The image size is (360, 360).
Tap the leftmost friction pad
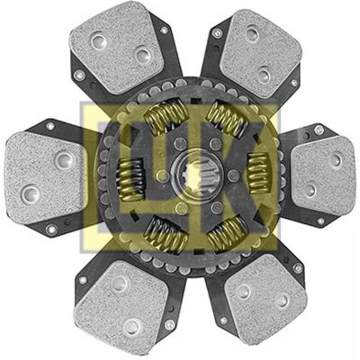pyautogui.click(x=45, y=177)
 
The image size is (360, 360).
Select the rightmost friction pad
pyautogui.click(x=323, y=175)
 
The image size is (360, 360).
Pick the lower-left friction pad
pyautogui.click(x=122, y=306)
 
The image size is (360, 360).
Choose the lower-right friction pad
pyautogui.click(x=266, y=301)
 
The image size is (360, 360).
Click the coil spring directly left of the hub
pyautogui.click(x=130, y=179)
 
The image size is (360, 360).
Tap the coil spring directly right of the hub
pyautogui.click(x=258, y=173)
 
